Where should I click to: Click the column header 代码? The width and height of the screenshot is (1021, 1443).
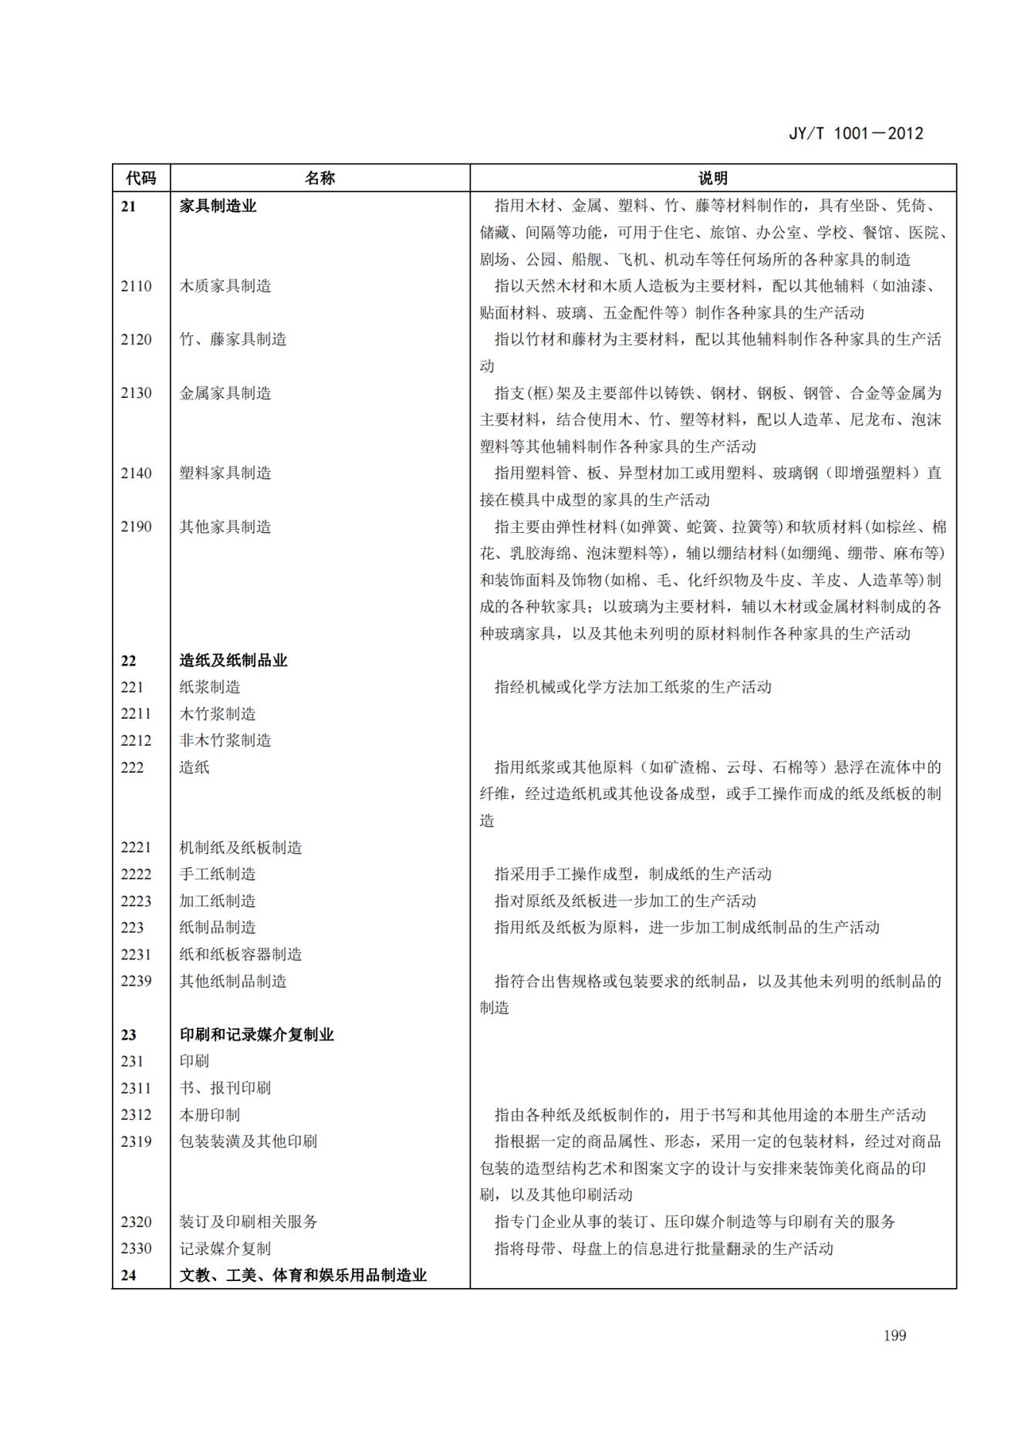140,178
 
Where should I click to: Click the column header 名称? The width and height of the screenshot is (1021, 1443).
319,178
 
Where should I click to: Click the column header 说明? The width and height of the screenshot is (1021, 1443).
712,178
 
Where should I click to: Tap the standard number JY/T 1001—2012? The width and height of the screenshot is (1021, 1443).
855,133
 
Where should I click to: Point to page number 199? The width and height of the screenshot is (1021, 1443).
894,1335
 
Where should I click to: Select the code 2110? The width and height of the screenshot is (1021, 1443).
136,286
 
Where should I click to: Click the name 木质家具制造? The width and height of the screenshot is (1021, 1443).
225,286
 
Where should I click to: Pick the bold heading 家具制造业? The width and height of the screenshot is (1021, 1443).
218,206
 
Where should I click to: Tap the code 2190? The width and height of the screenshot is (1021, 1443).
136,527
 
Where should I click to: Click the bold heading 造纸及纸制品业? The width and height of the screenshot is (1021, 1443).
233,660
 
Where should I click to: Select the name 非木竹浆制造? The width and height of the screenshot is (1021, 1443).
225,740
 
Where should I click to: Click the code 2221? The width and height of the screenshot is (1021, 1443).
136,848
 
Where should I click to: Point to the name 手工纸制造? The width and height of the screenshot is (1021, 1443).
218,874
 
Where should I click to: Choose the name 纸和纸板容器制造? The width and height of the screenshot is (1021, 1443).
241,954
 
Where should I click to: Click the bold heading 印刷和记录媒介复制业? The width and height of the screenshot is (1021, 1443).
256,1034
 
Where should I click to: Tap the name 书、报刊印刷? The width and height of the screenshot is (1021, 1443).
225,1088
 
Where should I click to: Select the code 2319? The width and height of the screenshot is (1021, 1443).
136,1141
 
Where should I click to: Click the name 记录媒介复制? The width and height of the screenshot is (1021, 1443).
225,1249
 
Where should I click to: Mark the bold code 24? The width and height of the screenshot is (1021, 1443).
128,1276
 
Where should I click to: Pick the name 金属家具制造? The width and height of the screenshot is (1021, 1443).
225,393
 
